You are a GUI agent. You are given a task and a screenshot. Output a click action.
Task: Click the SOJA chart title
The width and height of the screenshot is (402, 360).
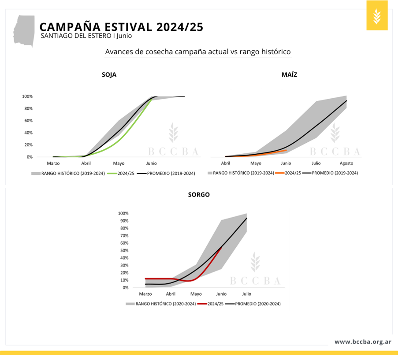[109, 75]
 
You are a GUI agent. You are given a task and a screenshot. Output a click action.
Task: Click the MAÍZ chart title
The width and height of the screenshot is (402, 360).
[289, 75]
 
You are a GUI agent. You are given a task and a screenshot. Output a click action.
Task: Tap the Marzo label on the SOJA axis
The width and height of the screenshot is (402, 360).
[53, 163]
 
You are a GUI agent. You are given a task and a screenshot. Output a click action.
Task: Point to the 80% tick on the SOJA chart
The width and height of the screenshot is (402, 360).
[27, 108]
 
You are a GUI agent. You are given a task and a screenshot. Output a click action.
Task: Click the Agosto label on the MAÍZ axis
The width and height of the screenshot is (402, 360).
[346, 163]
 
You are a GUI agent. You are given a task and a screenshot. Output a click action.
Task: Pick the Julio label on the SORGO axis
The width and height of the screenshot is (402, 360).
[246, 294]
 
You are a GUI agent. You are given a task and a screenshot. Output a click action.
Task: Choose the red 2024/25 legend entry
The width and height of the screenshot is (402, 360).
[211, 304]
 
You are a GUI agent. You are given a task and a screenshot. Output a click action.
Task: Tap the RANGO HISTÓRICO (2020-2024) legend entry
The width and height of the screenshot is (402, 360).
[160, 304]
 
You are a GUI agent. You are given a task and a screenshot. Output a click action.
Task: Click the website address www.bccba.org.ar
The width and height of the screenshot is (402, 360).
[363, 341]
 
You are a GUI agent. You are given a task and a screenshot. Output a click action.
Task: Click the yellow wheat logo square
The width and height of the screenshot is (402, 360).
[376, 16]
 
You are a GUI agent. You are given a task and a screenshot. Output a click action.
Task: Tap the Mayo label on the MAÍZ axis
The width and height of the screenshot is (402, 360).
[256, 163]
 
